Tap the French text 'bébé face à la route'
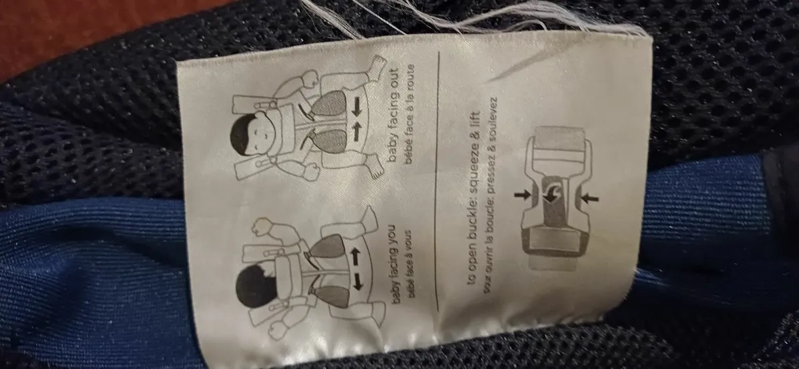pyautogui.click(x=409, y=115)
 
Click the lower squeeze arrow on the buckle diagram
pyautogui.click(x=589, y=198)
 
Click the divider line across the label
pyautogui.click(x=437, y=182)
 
